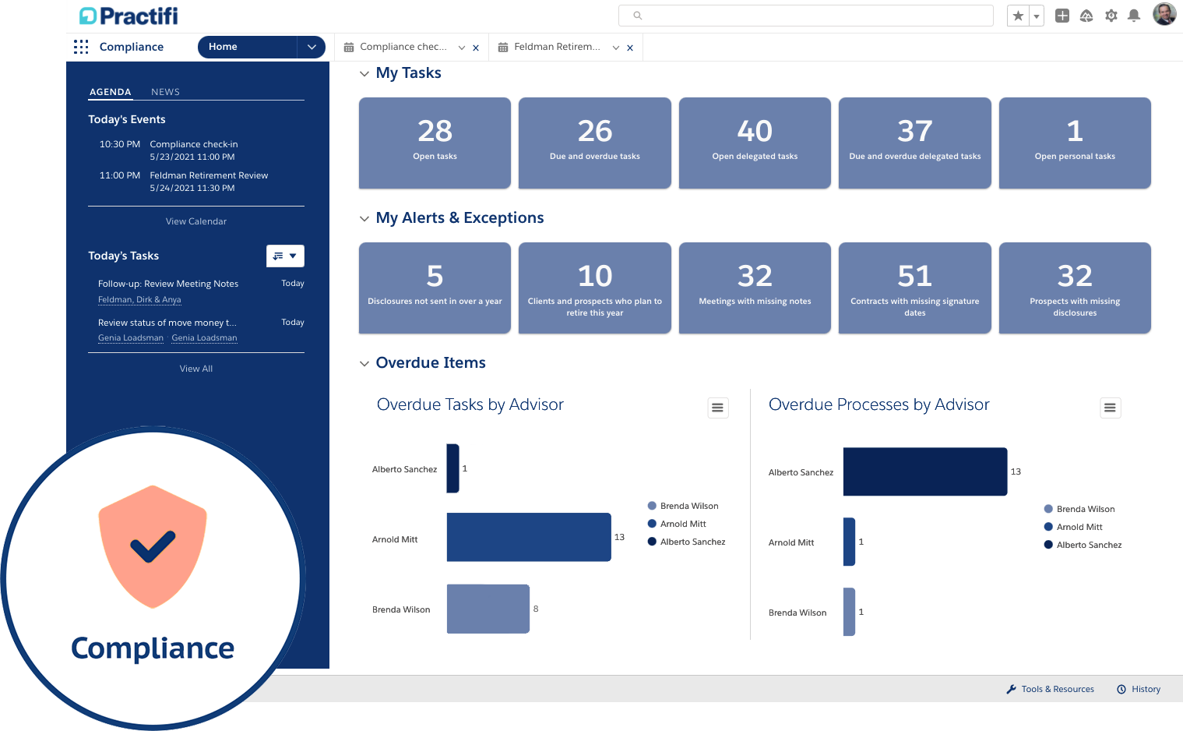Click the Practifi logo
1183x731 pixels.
point(129,16)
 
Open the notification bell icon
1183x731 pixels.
point(1134,16)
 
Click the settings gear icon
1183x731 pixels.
point(1111,16)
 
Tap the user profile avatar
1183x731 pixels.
point(1164,14)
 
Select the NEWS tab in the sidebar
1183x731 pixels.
point(165,92)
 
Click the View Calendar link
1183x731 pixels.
point(196,221)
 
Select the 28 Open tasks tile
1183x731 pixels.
point(435,143)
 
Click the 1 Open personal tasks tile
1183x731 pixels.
point(1074,143)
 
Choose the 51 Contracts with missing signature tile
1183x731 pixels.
point(914,288)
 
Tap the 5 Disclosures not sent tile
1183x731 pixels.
point(435,288)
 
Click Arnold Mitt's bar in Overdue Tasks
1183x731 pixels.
point(529,537)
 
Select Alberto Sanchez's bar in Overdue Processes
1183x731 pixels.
point(924,471)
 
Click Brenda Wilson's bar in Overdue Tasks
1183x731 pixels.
point(488,609)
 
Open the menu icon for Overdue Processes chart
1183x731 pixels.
point(1110,408)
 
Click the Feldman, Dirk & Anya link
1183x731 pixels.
point(139,300)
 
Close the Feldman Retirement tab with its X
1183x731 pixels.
point(630,48)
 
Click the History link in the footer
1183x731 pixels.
point(1145,689)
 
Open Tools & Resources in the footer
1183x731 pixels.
point(1057,689)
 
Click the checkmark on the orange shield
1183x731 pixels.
point(153,546)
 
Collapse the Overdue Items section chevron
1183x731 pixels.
point(364,363)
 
